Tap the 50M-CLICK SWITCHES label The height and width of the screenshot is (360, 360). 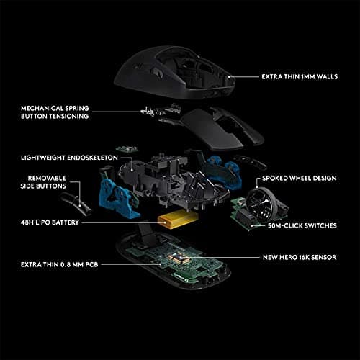[302, 226]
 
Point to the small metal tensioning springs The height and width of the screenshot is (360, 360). [154, 111]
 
